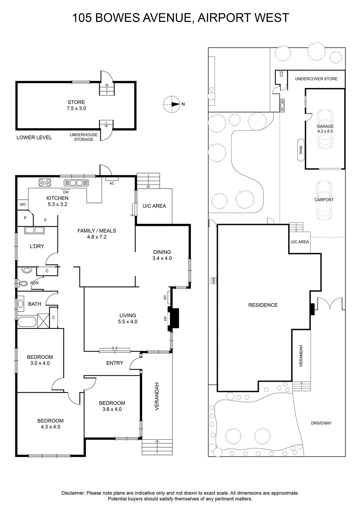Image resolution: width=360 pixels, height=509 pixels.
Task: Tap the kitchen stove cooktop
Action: [x=45, y=183]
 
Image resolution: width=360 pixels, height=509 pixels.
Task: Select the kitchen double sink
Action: [x=76, y=183]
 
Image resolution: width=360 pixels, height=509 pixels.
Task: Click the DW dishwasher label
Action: [x=66, y=192]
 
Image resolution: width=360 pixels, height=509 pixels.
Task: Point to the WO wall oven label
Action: [x=23, y=204]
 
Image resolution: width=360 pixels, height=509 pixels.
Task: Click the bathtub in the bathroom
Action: [x=27, y=322]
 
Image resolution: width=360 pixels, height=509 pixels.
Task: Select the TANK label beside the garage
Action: [x=301, y=150]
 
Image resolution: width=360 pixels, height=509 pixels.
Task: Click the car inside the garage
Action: [x=325, y=129]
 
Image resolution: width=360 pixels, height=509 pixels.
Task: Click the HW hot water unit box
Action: [x=213, y=280]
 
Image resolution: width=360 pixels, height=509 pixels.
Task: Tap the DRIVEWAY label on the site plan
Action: [x=321, y=423]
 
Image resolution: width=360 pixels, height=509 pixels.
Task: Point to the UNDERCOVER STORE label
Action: [x=316, y=79]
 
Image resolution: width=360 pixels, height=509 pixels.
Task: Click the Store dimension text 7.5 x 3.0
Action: [x=76, y=108]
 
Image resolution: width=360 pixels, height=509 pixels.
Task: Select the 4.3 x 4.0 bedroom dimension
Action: [x=51, y=427]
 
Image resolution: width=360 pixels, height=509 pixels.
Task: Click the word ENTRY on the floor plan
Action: [x=115, y=363]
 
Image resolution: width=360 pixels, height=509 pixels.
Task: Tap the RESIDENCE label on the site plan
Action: [x=263, y=305]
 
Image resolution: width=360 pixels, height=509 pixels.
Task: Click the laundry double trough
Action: [x=34, y=230]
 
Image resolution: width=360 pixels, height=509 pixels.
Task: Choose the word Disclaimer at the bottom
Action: [x=73, y=493]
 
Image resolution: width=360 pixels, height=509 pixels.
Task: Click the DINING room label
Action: [x=162, y=252]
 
